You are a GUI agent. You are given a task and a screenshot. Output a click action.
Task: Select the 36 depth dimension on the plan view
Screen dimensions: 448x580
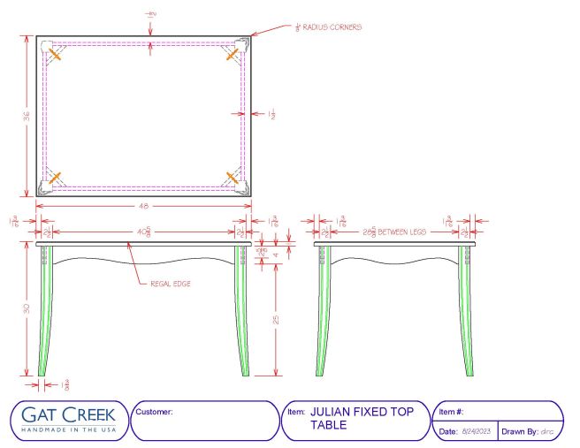(27, 116)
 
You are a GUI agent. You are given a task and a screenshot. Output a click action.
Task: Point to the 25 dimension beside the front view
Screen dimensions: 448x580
(277, 320)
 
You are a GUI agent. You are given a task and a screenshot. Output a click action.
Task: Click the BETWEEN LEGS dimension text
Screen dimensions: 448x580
(402, 232)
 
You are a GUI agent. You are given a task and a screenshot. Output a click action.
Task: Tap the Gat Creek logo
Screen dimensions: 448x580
(69, 414)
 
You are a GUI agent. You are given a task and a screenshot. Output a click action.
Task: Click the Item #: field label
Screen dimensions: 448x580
(452, 412)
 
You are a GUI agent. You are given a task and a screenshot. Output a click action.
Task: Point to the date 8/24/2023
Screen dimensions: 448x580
(477, 431)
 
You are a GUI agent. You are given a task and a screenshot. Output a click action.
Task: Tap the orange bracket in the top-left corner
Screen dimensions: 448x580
(55, 54)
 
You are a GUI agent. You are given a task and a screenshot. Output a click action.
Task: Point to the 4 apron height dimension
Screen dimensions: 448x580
(277, 254)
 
